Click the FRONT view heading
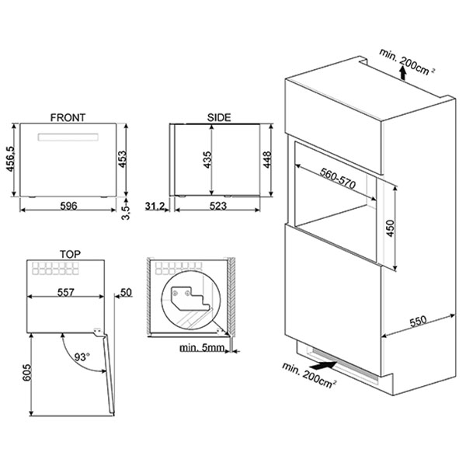coord(68,118)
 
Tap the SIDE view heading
coord(219,118)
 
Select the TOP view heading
coord(70,255)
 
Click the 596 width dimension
coord(68,206)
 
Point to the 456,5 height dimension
coord(11,158)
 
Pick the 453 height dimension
coord(123,159)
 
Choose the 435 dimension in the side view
coord(207,160)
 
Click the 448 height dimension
coord(267,159)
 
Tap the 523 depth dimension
coord(218,206)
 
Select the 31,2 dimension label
coord(155,206)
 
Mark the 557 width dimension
coord(66,293)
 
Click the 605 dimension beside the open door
coord(26,372)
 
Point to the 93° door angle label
coord(82,356)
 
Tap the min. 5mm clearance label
coord(202,347)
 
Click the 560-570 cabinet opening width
coord(338,179)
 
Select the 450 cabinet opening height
coord(391,228)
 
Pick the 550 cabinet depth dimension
coord(418,322)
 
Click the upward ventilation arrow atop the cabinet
coord(402,73)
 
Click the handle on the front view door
coord(68,137)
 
